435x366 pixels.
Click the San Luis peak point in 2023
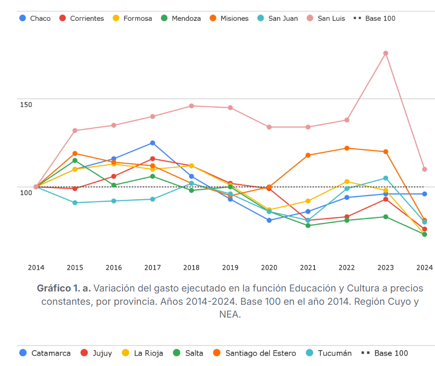(x=386, y=53)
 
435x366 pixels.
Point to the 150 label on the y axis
(x=26, y=104)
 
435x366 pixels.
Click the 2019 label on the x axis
(x=230, y=268)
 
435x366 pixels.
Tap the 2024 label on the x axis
(x=425, y=268)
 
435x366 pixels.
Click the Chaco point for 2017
(x=152, y=143)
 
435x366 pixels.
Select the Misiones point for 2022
(x=347, y=148)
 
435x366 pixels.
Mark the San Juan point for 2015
(x=75, y=203)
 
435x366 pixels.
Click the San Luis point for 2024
(x=425, y=169)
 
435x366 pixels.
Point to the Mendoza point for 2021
(x=308, y=225)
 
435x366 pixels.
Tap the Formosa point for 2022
(x=347, y=182)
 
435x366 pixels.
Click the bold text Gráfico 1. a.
(x=64, y=288)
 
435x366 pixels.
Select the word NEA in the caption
(x=230, y=314)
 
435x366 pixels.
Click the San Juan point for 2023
(x=386, y=178)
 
